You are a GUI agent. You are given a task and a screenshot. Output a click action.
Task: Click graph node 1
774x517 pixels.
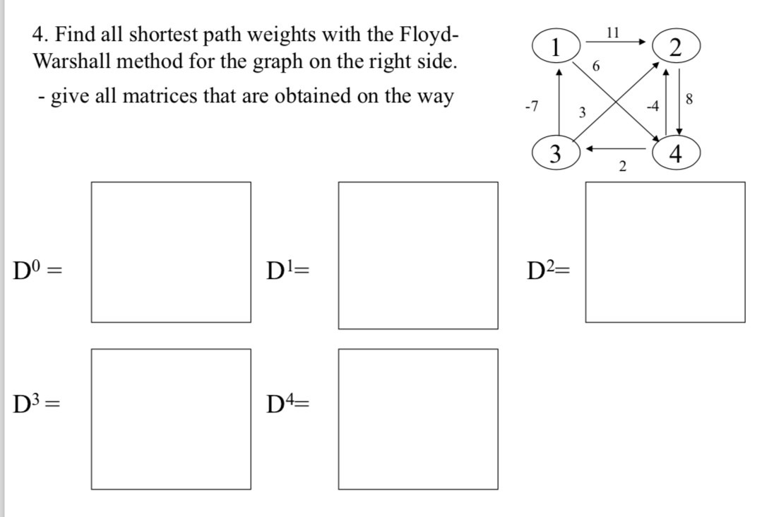[x=556, y=47]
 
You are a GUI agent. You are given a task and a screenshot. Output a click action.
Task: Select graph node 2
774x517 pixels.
[x=676, y=47]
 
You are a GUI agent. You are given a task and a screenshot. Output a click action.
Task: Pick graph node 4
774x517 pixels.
[x=676, y=155]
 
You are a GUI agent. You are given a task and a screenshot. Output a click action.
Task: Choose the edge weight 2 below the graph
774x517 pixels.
[x=621, y=167]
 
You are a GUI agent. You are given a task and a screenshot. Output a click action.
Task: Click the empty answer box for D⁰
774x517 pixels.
[x=170, y=251]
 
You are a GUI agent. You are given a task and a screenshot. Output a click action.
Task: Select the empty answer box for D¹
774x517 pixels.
[x=417, y=255]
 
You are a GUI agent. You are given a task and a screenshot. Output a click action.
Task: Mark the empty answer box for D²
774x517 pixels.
[x=665, y=251]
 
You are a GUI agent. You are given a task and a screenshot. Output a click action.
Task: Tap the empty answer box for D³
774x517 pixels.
[x=170, y=418]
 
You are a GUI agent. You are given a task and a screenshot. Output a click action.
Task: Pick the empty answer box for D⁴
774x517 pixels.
[x=417, y=418]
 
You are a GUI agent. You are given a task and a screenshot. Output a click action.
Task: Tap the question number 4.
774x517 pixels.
[x=40, y=34]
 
